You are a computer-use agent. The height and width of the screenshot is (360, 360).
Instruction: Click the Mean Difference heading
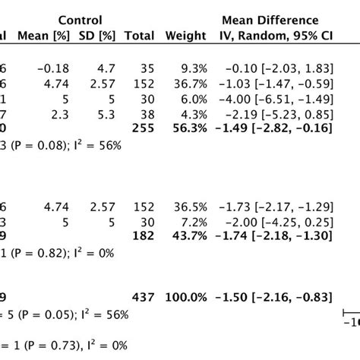(270, 19)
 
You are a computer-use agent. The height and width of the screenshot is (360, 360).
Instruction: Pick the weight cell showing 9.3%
(187, 68)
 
